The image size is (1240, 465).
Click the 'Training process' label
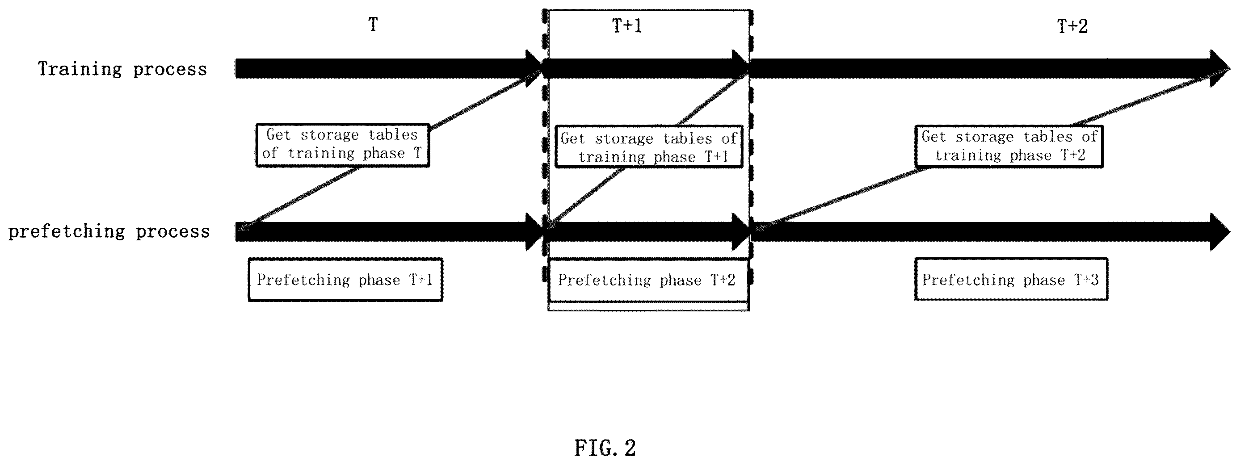122,69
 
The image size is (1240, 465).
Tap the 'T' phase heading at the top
373,25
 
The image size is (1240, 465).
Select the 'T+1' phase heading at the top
627,25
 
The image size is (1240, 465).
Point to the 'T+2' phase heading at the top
1072,26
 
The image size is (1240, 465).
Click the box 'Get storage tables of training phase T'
343,145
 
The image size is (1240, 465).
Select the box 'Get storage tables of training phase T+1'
649,147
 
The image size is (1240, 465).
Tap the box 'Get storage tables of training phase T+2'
1009,147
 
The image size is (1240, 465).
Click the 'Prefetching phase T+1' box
345,280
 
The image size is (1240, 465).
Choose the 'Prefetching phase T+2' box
648,280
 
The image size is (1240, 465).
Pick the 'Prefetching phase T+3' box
1011,279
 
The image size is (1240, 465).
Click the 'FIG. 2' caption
605,448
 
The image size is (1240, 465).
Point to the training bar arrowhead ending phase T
534,69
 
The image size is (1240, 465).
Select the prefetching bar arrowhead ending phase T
534,232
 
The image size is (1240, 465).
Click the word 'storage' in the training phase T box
330,135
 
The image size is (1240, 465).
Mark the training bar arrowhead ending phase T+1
740,69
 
